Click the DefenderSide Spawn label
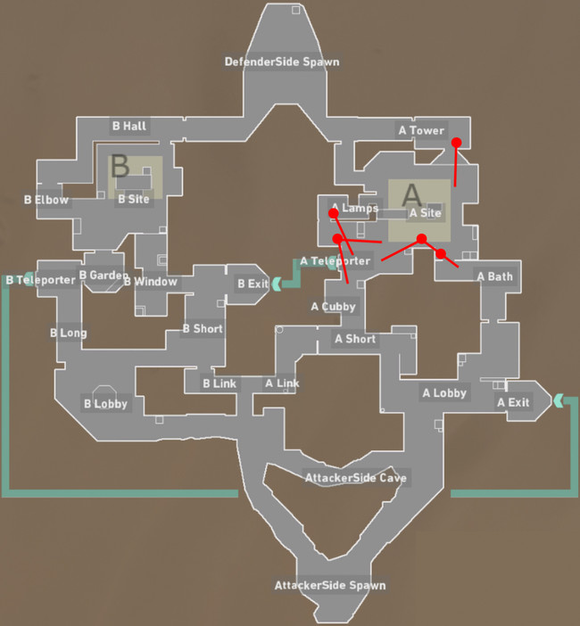281,62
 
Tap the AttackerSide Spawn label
329,586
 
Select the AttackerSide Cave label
355,478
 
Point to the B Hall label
128,126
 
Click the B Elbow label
46,200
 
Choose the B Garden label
104,276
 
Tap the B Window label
150,282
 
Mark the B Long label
68,333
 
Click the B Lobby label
105,404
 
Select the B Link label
219,383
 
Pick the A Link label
282,383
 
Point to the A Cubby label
333,307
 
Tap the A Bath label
494,276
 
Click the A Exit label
513,402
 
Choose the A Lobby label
444,392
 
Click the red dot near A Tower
456,142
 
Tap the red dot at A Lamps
334,213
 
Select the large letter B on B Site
120,167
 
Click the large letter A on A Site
411,194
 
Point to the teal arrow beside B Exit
277,284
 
